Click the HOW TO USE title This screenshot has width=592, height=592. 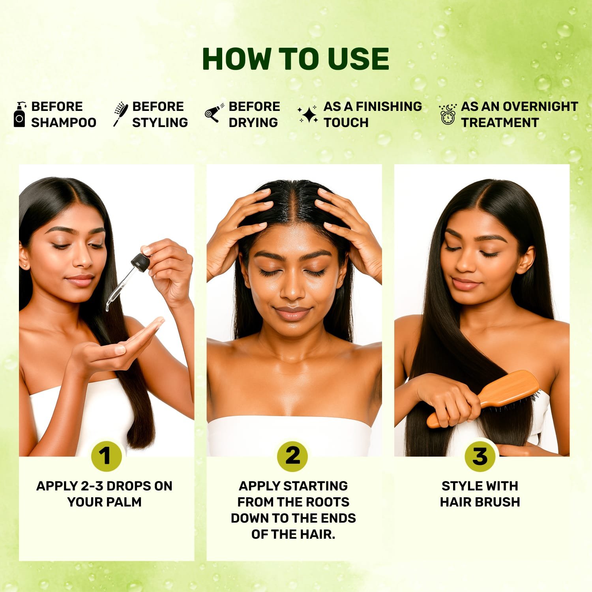coord(296,59)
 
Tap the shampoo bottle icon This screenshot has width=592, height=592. coord(19,115)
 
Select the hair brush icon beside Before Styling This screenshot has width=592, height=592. coord(120,114)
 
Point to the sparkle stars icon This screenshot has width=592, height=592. coord(308,114)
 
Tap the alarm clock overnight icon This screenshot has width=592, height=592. coord(448,115)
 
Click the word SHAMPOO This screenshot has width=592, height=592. coord(64,123)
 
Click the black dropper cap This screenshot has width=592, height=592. coord(139,261)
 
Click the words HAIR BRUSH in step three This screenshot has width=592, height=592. coord(480,502)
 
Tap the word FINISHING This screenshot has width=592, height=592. coord(389,107)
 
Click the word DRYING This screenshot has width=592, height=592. coord(253,123)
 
